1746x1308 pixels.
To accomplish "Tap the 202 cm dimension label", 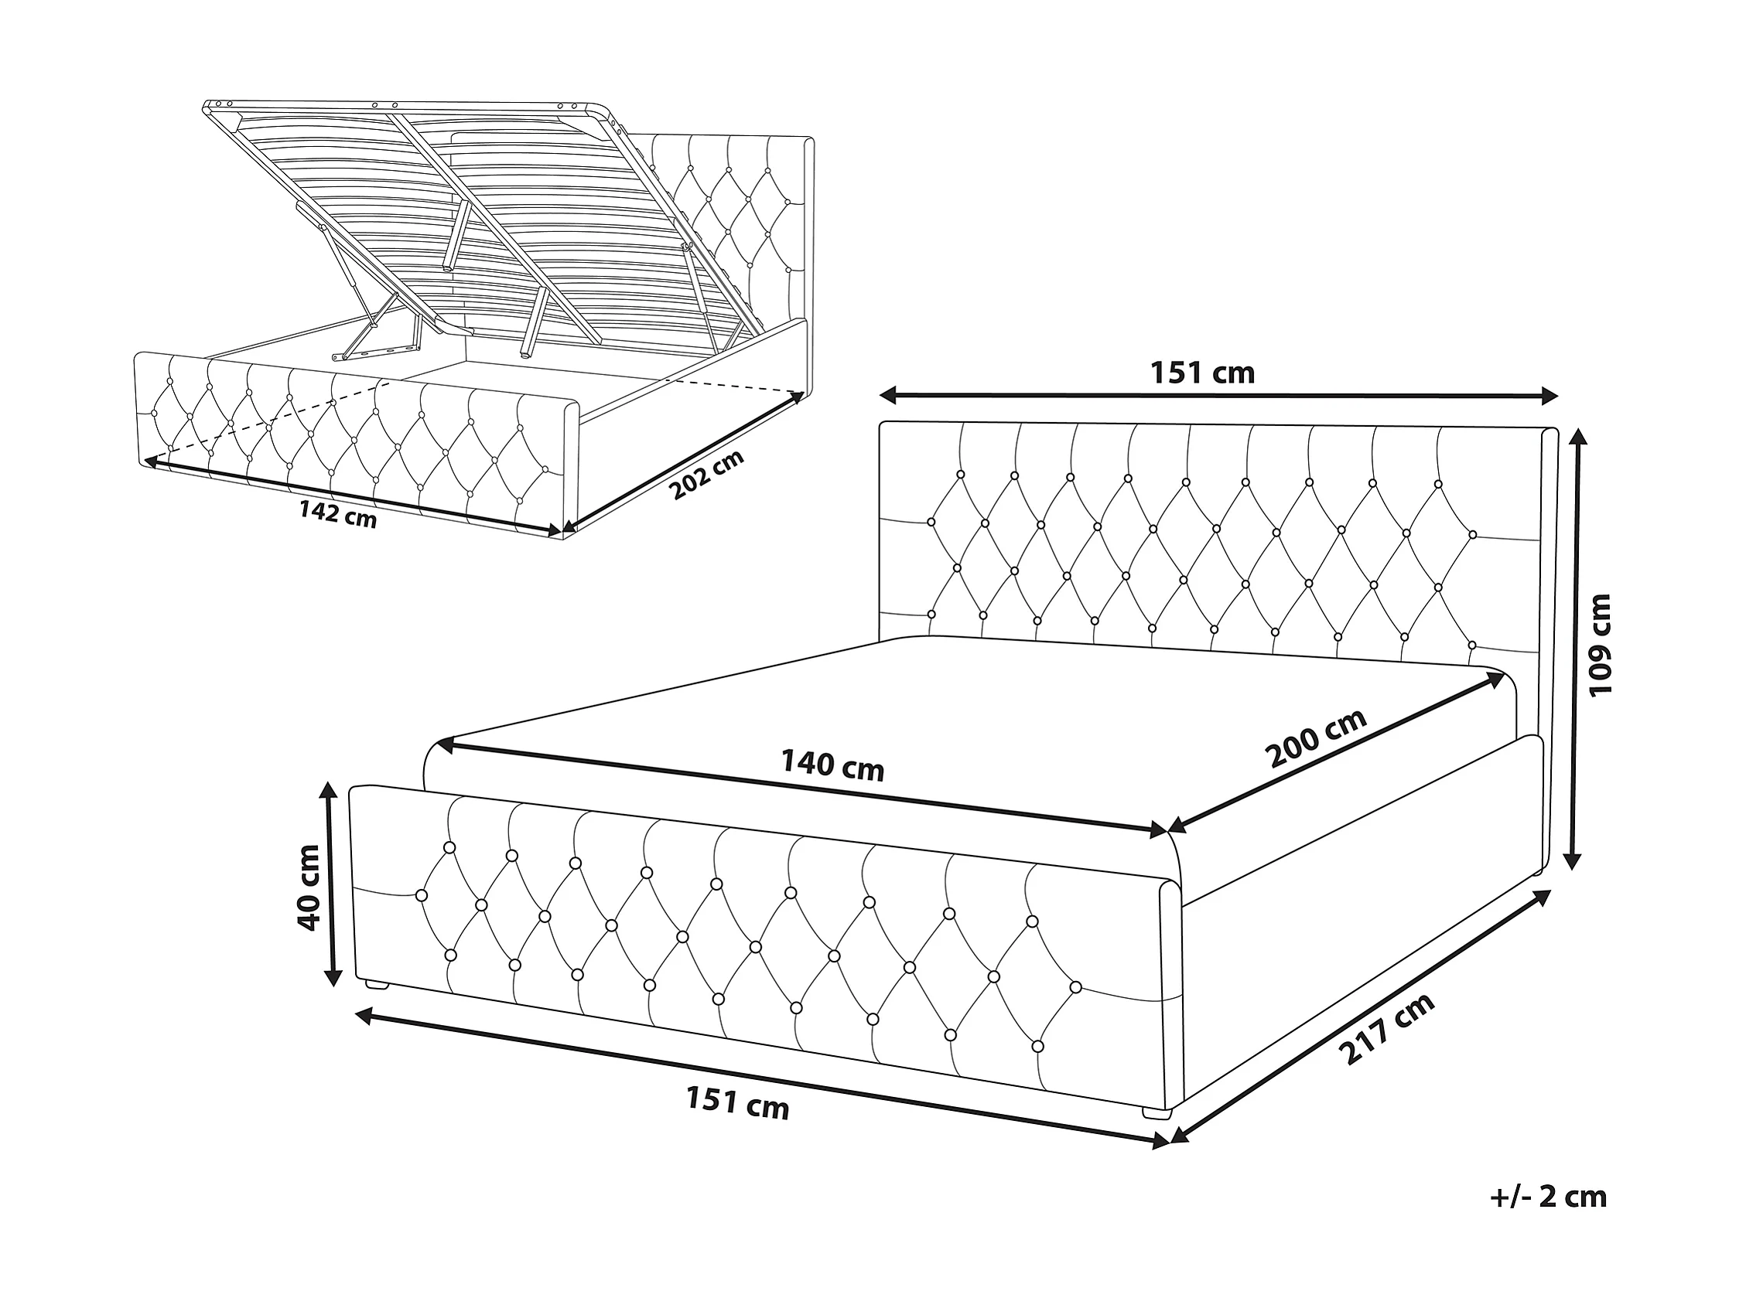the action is click(x=707, y=475).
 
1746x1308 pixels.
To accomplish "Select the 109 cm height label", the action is click(x=1601, y=645).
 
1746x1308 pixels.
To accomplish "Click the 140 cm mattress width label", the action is click(x=832, y=765).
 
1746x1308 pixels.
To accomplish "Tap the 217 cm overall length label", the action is click(x=1386, y=1029).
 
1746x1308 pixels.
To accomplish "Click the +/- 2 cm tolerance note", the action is click(x=1549, y=1197).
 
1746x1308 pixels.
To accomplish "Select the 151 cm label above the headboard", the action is click(x=1202, y=372).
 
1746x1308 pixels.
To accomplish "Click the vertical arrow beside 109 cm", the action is click(x=1573, y=649).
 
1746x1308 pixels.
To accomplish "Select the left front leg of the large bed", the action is click(x=376, y=985).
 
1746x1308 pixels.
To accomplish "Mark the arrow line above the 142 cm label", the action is click(x=353, y=497).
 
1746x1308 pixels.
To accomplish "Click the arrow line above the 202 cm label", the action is click(x=681, y=462).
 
